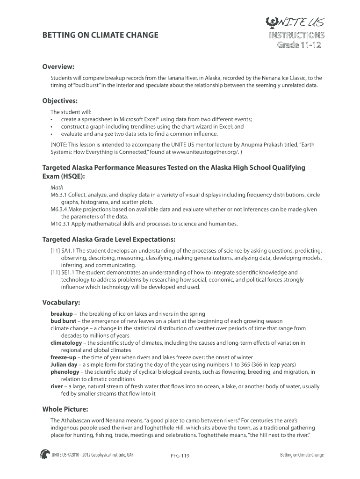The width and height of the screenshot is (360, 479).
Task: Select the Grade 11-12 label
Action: click(299, 45)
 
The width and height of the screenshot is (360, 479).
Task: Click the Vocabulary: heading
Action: click(61, 303)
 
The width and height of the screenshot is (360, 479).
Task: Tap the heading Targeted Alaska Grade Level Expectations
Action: click(109, 239)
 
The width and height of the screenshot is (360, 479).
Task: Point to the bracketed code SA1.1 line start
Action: click(65, 251)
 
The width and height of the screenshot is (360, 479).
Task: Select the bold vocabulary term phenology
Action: click(65, 372)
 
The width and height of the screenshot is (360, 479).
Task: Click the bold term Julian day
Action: click(64, 364)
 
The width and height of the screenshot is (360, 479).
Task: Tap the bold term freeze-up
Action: click(63, 357)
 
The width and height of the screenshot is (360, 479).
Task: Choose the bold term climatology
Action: click(67, 343)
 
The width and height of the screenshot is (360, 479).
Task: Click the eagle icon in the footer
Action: click(44, 454)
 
